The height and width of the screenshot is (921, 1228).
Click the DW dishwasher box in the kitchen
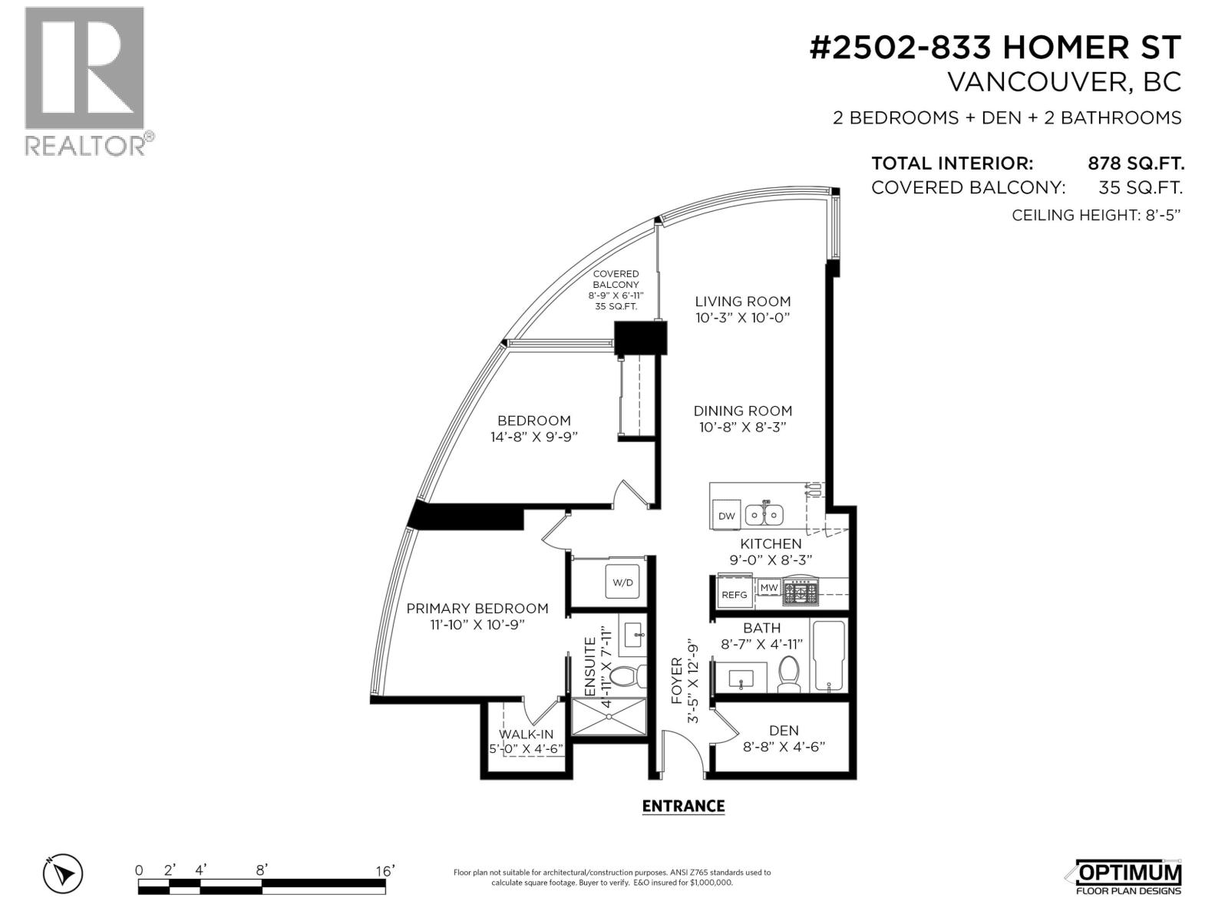725,515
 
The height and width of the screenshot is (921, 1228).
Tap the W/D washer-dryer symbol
622,582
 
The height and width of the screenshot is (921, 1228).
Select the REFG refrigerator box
734,594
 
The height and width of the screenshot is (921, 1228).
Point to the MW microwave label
769,587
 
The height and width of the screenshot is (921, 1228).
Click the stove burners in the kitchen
801,593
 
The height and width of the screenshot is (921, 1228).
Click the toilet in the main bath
789,674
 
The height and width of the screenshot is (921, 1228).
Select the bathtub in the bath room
830,655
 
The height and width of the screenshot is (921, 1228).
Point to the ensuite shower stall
608,717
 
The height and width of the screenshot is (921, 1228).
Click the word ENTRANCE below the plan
683,806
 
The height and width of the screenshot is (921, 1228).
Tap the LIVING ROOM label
742,302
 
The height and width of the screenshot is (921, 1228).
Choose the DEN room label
784,731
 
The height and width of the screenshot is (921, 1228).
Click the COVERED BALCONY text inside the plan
616,279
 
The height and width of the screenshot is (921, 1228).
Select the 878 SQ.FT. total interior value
1136,163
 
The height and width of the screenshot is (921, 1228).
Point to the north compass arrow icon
62,873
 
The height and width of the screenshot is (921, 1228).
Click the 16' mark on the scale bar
385,871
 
